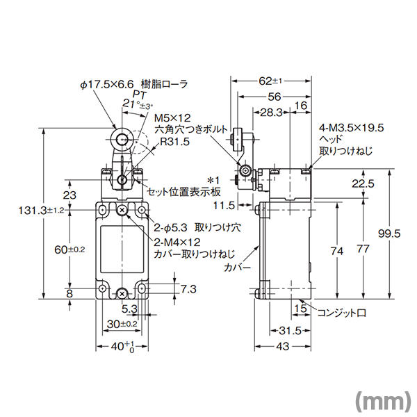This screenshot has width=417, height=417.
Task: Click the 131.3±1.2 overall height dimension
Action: click(x=41, y=211)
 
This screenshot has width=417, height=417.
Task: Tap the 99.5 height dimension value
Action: click(x=389, y=234)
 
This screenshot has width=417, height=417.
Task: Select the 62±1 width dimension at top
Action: click(x=270, y=81)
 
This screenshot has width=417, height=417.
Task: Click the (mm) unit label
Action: click(x=383, y=399)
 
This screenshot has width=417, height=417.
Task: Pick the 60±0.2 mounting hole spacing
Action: click(x=69, y=250)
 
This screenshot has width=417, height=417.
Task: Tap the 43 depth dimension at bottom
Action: click(x=282, y=346)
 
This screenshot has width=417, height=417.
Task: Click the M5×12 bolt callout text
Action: click(x=172, y=118)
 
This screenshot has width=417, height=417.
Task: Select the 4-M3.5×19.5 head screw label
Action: click(x=352, y=128)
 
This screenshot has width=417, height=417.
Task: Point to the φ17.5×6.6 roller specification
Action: click(x=107, y=85)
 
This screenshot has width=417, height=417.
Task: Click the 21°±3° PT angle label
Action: click(x=138, y=104)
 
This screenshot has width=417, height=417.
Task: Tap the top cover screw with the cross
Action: click(x=122, y=211)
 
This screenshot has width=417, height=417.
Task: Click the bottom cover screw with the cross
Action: click(x=122, y=293)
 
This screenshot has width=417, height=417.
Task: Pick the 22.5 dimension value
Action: click(x=363, y=183)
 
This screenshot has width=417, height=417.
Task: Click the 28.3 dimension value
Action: click(x=271, y=113)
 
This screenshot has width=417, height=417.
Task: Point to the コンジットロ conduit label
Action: click(x=342, y=313)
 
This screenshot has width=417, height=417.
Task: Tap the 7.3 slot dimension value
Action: click(x=188, y=289)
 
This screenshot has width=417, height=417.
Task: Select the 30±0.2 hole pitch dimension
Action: click(x=122, y=324)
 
